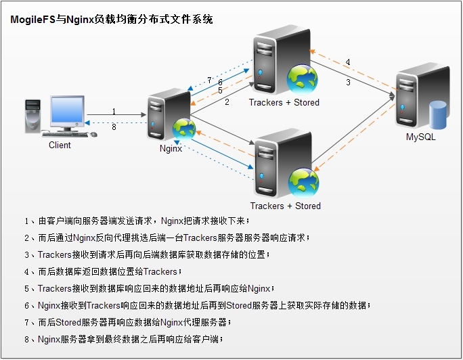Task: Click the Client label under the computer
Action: point(60,145)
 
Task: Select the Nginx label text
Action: point(171,149)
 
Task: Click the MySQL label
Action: point(421,137)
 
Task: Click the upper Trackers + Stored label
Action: point(284,103)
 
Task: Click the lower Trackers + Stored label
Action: point(285,206)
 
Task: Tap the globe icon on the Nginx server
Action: point(183,129)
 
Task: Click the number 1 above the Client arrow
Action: point(114,112)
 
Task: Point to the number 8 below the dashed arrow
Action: point(114,127)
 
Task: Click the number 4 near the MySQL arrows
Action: point(348,63)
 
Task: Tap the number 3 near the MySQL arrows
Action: point(348,83)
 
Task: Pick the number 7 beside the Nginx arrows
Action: point(210,80)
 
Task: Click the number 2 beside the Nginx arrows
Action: point(227,102)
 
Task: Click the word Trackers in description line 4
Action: point(161,271)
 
